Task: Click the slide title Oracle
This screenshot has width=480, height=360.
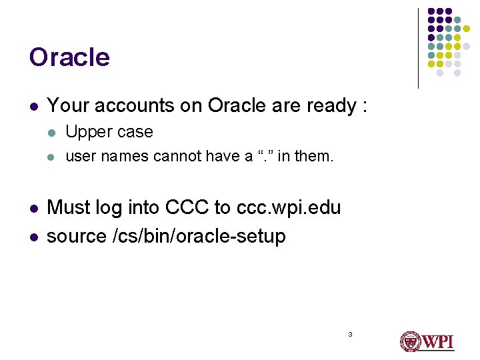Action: coord(69,57)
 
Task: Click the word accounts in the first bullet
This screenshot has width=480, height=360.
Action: coord(124,105)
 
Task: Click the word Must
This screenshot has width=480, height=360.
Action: coord(69,207)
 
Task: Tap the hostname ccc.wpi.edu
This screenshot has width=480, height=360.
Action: coord(288,207)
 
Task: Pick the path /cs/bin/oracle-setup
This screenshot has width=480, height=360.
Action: coord(199,236)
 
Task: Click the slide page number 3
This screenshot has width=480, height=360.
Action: coord(349,333)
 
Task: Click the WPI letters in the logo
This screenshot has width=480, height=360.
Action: coord(437,341)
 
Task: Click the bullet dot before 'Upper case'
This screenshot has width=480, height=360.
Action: coord(52,133)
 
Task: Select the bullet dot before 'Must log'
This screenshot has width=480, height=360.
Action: coord(33,209)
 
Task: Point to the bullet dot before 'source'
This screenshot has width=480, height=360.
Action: coord(33,237)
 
